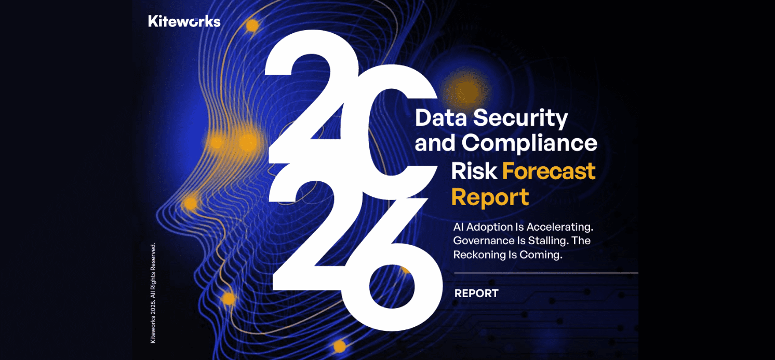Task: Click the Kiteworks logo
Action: click(x=184, y=21)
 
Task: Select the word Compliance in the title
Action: click(x=529, y=143)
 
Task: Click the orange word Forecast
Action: click(x=549, y=171)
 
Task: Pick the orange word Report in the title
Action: click(x=490, y=198)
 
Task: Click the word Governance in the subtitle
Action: click(x=484, y=241)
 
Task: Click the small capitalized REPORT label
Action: click(x=476, y=294)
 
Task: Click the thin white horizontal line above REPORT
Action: click(x=546, y=273)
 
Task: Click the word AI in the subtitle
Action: click(x=459, y=227)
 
